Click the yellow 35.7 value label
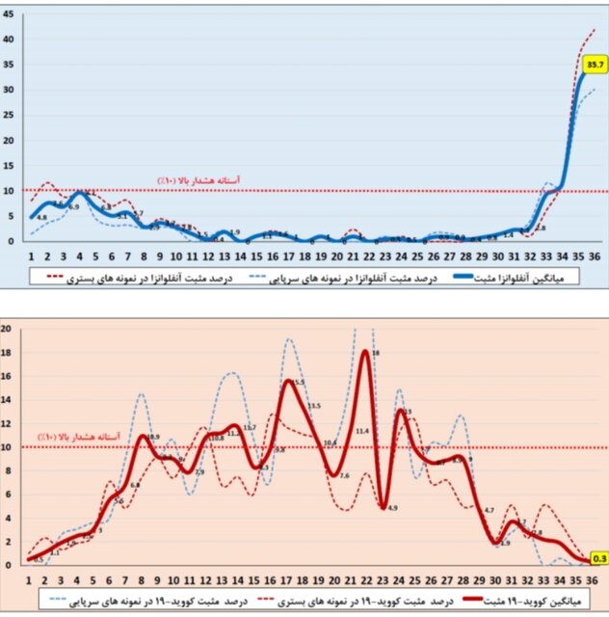595,66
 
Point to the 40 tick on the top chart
8,39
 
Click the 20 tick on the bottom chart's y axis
7,329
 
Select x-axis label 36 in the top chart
594,256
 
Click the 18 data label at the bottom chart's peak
376,354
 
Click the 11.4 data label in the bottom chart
362,431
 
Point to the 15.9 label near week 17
300,383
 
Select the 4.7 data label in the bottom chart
489,510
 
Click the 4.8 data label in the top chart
41,218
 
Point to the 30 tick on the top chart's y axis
8,90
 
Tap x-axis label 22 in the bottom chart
366,580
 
